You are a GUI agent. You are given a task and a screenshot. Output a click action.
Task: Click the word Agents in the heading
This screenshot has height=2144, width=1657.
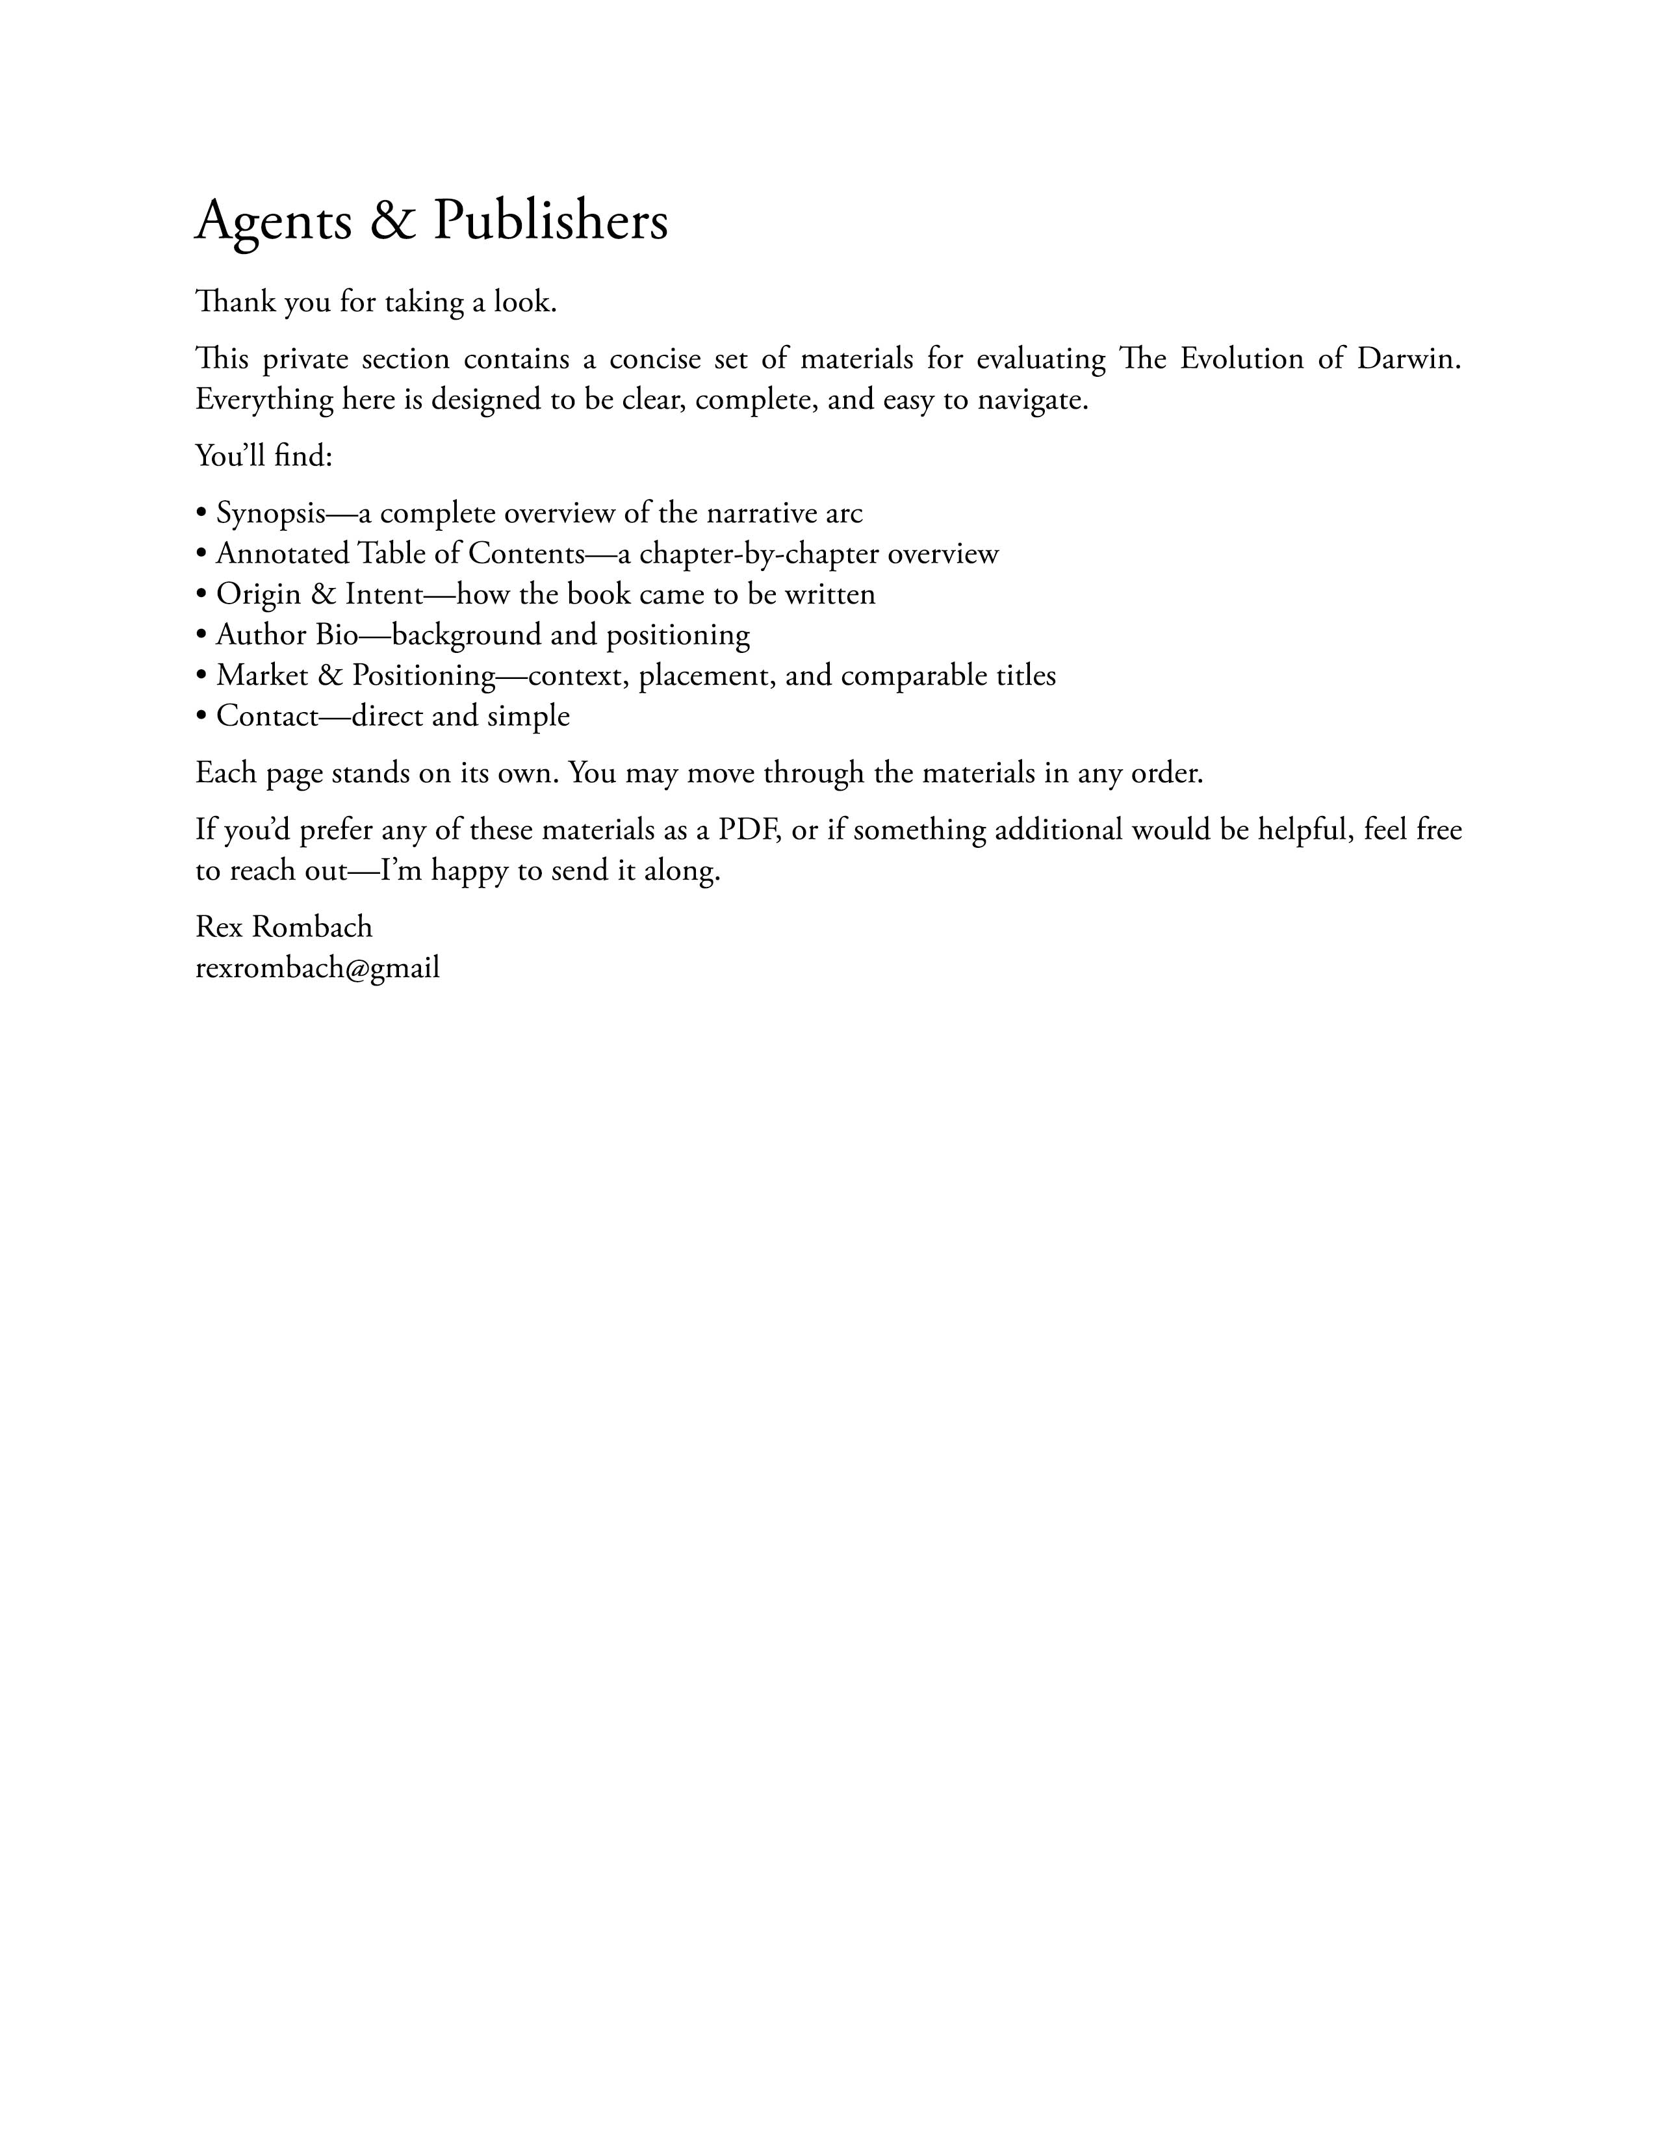(274, 221)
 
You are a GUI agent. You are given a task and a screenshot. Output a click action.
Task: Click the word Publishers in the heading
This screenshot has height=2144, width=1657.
(550, 221)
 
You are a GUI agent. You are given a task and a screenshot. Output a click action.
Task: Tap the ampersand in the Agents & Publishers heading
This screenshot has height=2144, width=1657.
(392, 221)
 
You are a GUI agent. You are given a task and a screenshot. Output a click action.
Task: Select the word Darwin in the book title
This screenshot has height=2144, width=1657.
(1409, 359)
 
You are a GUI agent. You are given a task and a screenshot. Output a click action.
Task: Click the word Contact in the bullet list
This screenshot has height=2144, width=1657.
(268, 716)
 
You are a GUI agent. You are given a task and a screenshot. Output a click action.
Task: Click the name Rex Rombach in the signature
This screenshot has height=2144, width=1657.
(284, 926)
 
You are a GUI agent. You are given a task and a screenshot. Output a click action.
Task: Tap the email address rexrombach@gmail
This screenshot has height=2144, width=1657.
(317, 968)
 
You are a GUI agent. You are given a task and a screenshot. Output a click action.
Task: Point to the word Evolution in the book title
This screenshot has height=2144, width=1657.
(1240, 359)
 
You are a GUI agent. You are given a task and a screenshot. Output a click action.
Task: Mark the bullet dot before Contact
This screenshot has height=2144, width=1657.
(201, 717)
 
